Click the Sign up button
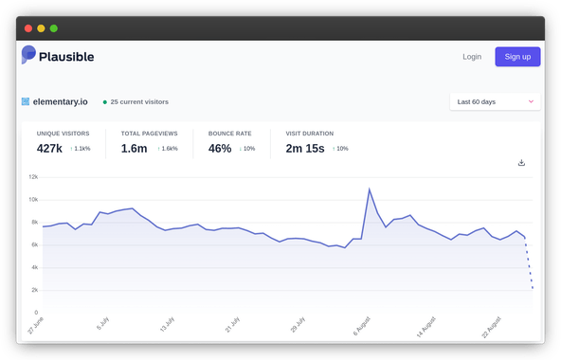pyautogui.click(x=517, y=57)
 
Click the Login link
pyautogui.click(x=471, y=57)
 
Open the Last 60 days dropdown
pyautogui.click(x=495, y=101)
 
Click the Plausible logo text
pyautogui.click(x=66, y=57)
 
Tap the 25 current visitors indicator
pyautogui.click(x=139, y=101)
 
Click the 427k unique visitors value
pyautogui.click(x=50, y=149)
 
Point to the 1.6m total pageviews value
pyautogui.click(x=135, y=149)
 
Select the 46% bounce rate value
pyautogui.click(x=220, y=149)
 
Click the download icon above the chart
pyautogui.click(x=521, y=163)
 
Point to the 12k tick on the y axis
pyautogui.click(x=32, y=177)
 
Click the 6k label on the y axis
pyautogui.click(x=33, y=244)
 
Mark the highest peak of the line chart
pyautogui.click(x=369, y=189)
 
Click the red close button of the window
pyautogui.click(x=28, y=28)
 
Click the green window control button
pyautogui.click(x=53, y=28)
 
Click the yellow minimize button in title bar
pyautogui.click(x=41, y=28)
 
